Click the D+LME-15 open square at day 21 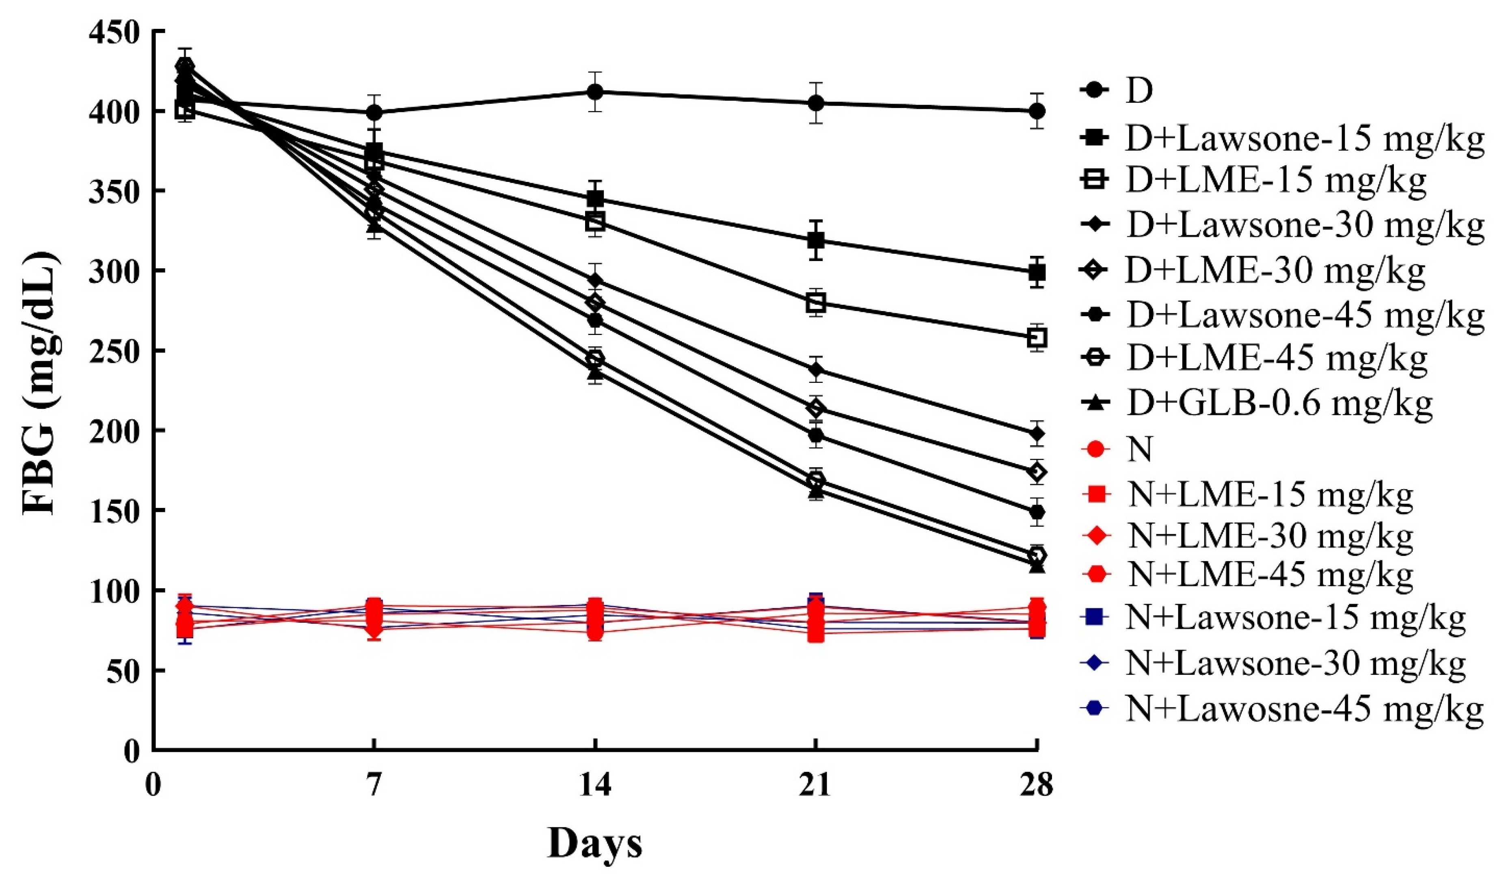[x=816, y=303]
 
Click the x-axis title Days [x=594, y=844]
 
